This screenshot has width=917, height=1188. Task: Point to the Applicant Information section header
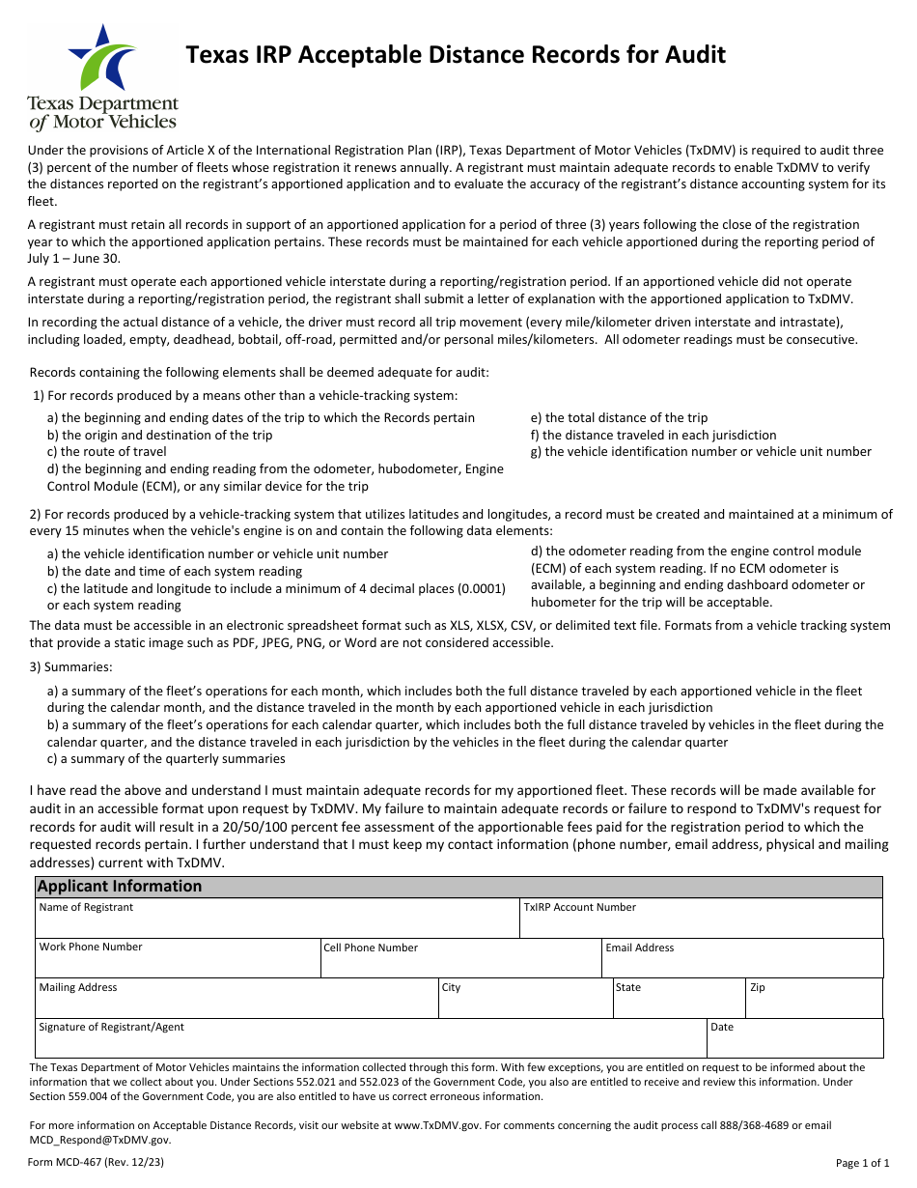[x=120, y=887]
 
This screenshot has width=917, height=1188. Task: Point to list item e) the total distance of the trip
[x=619, y=418]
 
